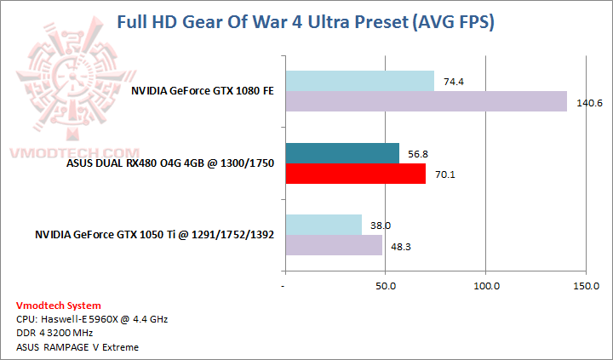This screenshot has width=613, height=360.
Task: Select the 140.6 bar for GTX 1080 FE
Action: [426, 101]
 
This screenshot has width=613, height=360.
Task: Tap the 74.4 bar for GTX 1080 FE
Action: [359, 81]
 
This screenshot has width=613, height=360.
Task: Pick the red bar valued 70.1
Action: [355, 174]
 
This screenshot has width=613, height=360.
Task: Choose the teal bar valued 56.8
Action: [341, 153]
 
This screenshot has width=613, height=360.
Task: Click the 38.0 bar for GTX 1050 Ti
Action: [323, 226]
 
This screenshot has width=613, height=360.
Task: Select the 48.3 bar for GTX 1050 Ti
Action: [333, 245]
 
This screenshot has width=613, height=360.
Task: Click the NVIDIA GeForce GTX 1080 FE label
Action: [203, 90]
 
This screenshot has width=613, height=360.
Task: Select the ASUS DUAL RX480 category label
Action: [169, 163]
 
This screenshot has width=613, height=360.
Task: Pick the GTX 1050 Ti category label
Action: [154, 235]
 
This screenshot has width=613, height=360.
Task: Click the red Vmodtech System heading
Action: [59, 305]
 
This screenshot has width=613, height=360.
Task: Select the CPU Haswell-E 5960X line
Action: [92, 319]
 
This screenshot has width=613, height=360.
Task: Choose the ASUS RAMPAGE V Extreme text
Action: [77, 346]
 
